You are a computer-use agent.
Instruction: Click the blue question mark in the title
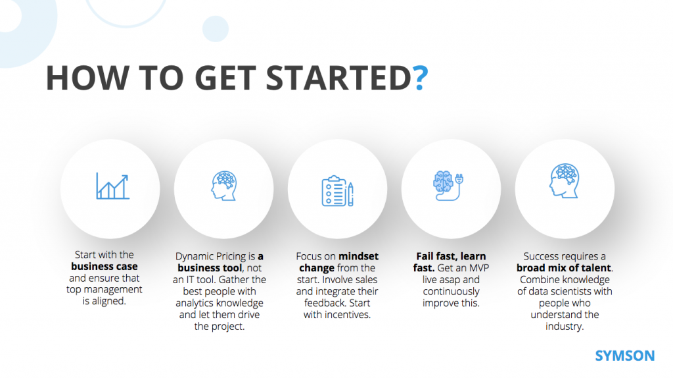pos(421,78)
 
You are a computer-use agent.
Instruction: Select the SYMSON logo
pos(624,356)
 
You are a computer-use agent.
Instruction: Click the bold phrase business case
pos(104,267)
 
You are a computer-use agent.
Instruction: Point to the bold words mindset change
pos(337,261)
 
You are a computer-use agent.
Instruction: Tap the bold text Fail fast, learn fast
pos(452,261)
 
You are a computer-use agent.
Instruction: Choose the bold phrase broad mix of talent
pos(564,267)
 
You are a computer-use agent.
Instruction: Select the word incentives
pos(346,315)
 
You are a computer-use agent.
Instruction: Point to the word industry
pos(565,327)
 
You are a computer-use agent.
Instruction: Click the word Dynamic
pos(195,256)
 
